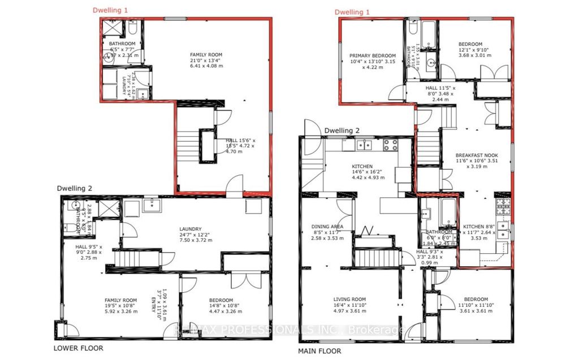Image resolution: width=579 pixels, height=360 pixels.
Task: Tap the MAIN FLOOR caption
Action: point(320,351)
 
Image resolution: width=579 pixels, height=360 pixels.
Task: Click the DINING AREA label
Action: point(327,226)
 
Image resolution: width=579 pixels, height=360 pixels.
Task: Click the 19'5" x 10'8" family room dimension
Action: point(121,306)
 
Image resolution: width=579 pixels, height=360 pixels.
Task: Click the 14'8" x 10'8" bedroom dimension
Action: point(221,306)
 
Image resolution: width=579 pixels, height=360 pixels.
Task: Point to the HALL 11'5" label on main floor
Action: point(432,88)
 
